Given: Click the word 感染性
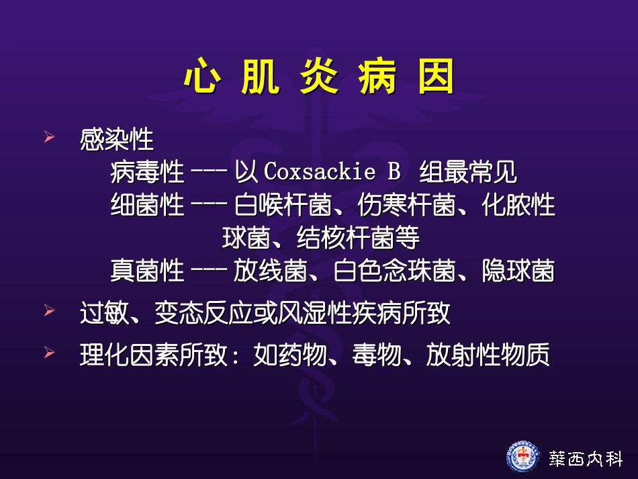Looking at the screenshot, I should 117,140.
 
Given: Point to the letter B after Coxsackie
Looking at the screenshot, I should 394,173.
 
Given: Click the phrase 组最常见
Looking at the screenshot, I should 468,173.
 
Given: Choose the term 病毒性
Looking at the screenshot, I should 147,173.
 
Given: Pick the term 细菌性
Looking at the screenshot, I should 147,205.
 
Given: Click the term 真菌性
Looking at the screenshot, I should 147,271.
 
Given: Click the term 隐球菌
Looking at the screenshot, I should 518,271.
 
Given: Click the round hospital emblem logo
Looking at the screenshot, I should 522,457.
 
